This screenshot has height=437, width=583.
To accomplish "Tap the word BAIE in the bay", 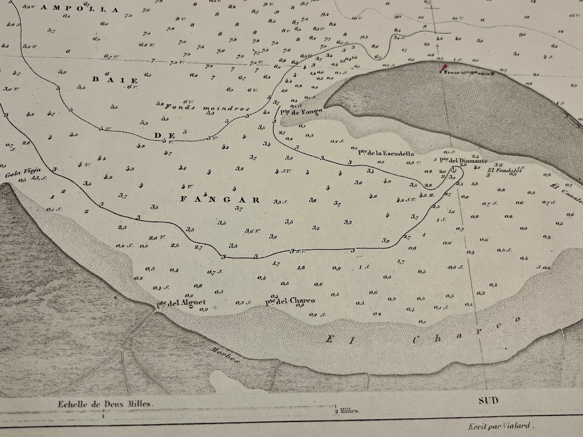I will (x=115, y=80).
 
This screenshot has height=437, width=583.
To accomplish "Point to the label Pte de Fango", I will (x=301, y=112).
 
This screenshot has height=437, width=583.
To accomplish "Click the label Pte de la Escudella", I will (x=386, y=154).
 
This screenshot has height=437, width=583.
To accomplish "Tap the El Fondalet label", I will (x=505, y=170).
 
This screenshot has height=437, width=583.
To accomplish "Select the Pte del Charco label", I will (x=290, y=301).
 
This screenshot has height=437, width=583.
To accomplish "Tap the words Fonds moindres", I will (x=208, y=108).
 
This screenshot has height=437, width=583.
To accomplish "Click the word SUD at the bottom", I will (x=488, y=400).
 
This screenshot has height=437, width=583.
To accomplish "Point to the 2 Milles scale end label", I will (x=347, y=411).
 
